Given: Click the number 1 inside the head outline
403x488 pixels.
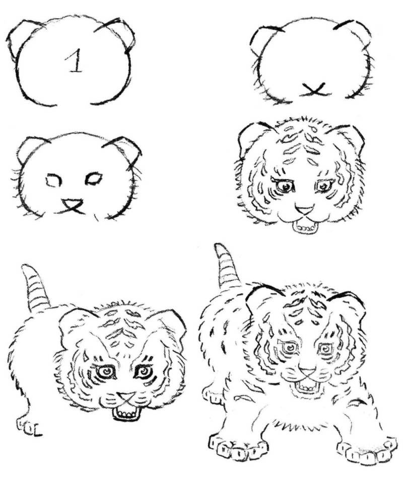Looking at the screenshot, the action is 75,60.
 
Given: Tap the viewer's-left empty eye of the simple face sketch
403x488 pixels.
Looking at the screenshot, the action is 53,180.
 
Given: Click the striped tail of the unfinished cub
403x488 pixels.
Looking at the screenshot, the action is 35,288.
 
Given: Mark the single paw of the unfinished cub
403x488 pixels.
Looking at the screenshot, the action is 28,427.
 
